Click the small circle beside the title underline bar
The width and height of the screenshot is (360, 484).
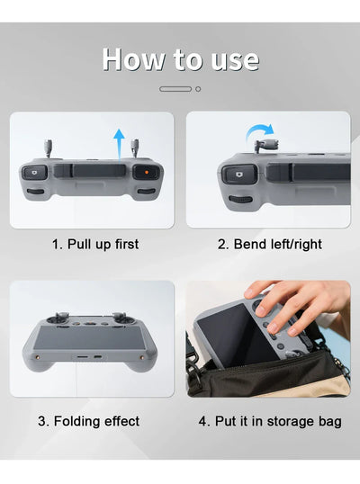[x=198, y=89]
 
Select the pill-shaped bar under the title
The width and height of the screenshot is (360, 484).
[x=175, y=89]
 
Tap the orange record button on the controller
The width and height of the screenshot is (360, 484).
[x=141, y=171]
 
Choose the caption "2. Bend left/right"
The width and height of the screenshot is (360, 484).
[x=268, y=244]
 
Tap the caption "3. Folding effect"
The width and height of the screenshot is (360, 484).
[x=89, y=421]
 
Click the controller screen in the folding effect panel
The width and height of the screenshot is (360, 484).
[x=91, y=345]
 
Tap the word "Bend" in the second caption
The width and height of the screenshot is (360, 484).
[x=247, y=244]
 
